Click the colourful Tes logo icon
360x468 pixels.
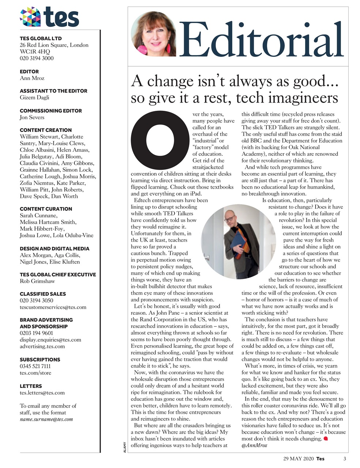click(30, 17)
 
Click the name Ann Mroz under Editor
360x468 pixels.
click(32, 78)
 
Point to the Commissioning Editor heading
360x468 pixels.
click(50, 110)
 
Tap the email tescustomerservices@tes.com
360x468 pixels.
click(53, 307)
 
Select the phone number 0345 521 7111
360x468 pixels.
click(35, 366)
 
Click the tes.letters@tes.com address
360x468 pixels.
click(42, 393)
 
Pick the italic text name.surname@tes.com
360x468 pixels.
click(46, 419)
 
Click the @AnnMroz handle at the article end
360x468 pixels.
click(254, 445)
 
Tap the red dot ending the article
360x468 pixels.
click(326, 438)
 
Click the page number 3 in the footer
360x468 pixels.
click(344, 458)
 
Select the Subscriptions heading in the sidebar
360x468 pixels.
click(40, 359)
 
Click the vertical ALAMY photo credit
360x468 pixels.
click(125, 448)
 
